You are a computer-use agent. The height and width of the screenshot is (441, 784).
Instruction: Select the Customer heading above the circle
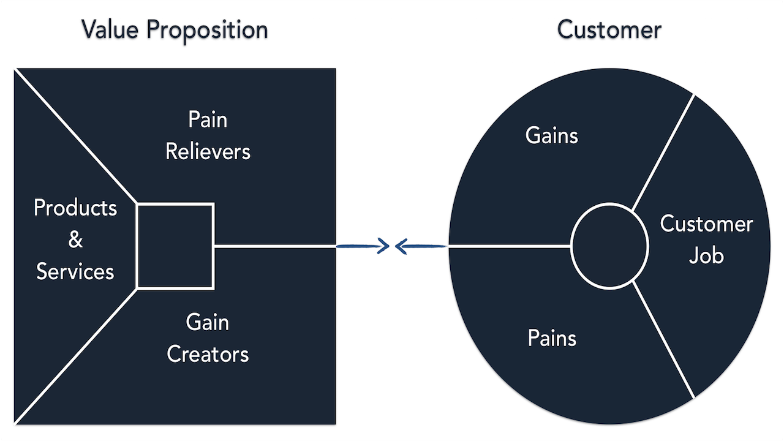coord(609,29)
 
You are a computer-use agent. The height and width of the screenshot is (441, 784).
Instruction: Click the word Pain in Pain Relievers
coord(208,119)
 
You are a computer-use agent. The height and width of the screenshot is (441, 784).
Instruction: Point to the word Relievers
coord(208,151)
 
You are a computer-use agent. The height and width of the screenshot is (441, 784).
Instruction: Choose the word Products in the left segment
coord(75,208)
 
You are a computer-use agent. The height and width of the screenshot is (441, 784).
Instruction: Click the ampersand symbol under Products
coord(75,239)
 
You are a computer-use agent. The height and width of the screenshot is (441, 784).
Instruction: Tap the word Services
coord(75,271)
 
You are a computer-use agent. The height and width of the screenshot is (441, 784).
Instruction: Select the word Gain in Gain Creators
coord(208,322)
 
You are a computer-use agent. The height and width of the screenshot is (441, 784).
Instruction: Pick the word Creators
coord(208,354)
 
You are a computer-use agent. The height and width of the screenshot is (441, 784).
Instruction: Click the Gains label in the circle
coord(551,135)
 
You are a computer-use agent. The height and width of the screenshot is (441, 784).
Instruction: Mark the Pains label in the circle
coord(552,338)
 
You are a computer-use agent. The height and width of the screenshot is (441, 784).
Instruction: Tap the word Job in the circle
coord(706,255)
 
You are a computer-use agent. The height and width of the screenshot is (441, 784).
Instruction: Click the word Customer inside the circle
coord(706,224)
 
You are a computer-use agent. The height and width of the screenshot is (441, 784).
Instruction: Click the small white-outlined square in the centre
coord(175,246)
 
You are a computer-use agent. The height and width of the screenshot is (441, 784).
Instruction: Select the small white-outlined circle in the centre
coord(609,246)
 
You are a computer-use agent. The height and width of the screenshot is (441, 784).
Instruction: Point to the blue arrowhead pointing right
coord(384,246)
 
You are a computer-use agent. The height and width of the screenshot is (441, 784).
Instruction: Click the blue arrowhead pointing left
coord(402,246)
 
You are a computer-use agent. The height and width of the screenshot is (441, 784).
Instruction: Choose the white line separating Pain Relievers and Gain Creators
coord(276,246)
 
